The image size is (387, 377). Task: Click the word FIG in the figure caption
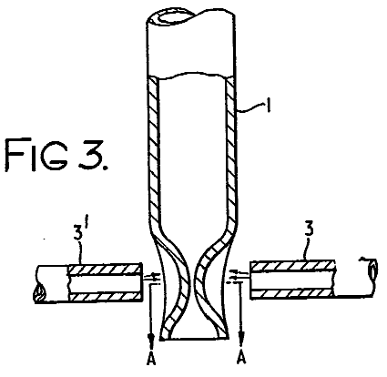point(36,154)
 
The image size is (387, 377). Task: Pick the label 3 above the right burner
point(309,229)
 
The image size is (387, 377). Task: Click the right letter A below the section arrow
point(241,358)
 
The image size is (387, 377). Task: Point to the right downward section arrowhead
point(241,337)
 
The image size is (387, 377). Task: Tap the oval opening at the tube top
point(172,17)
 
